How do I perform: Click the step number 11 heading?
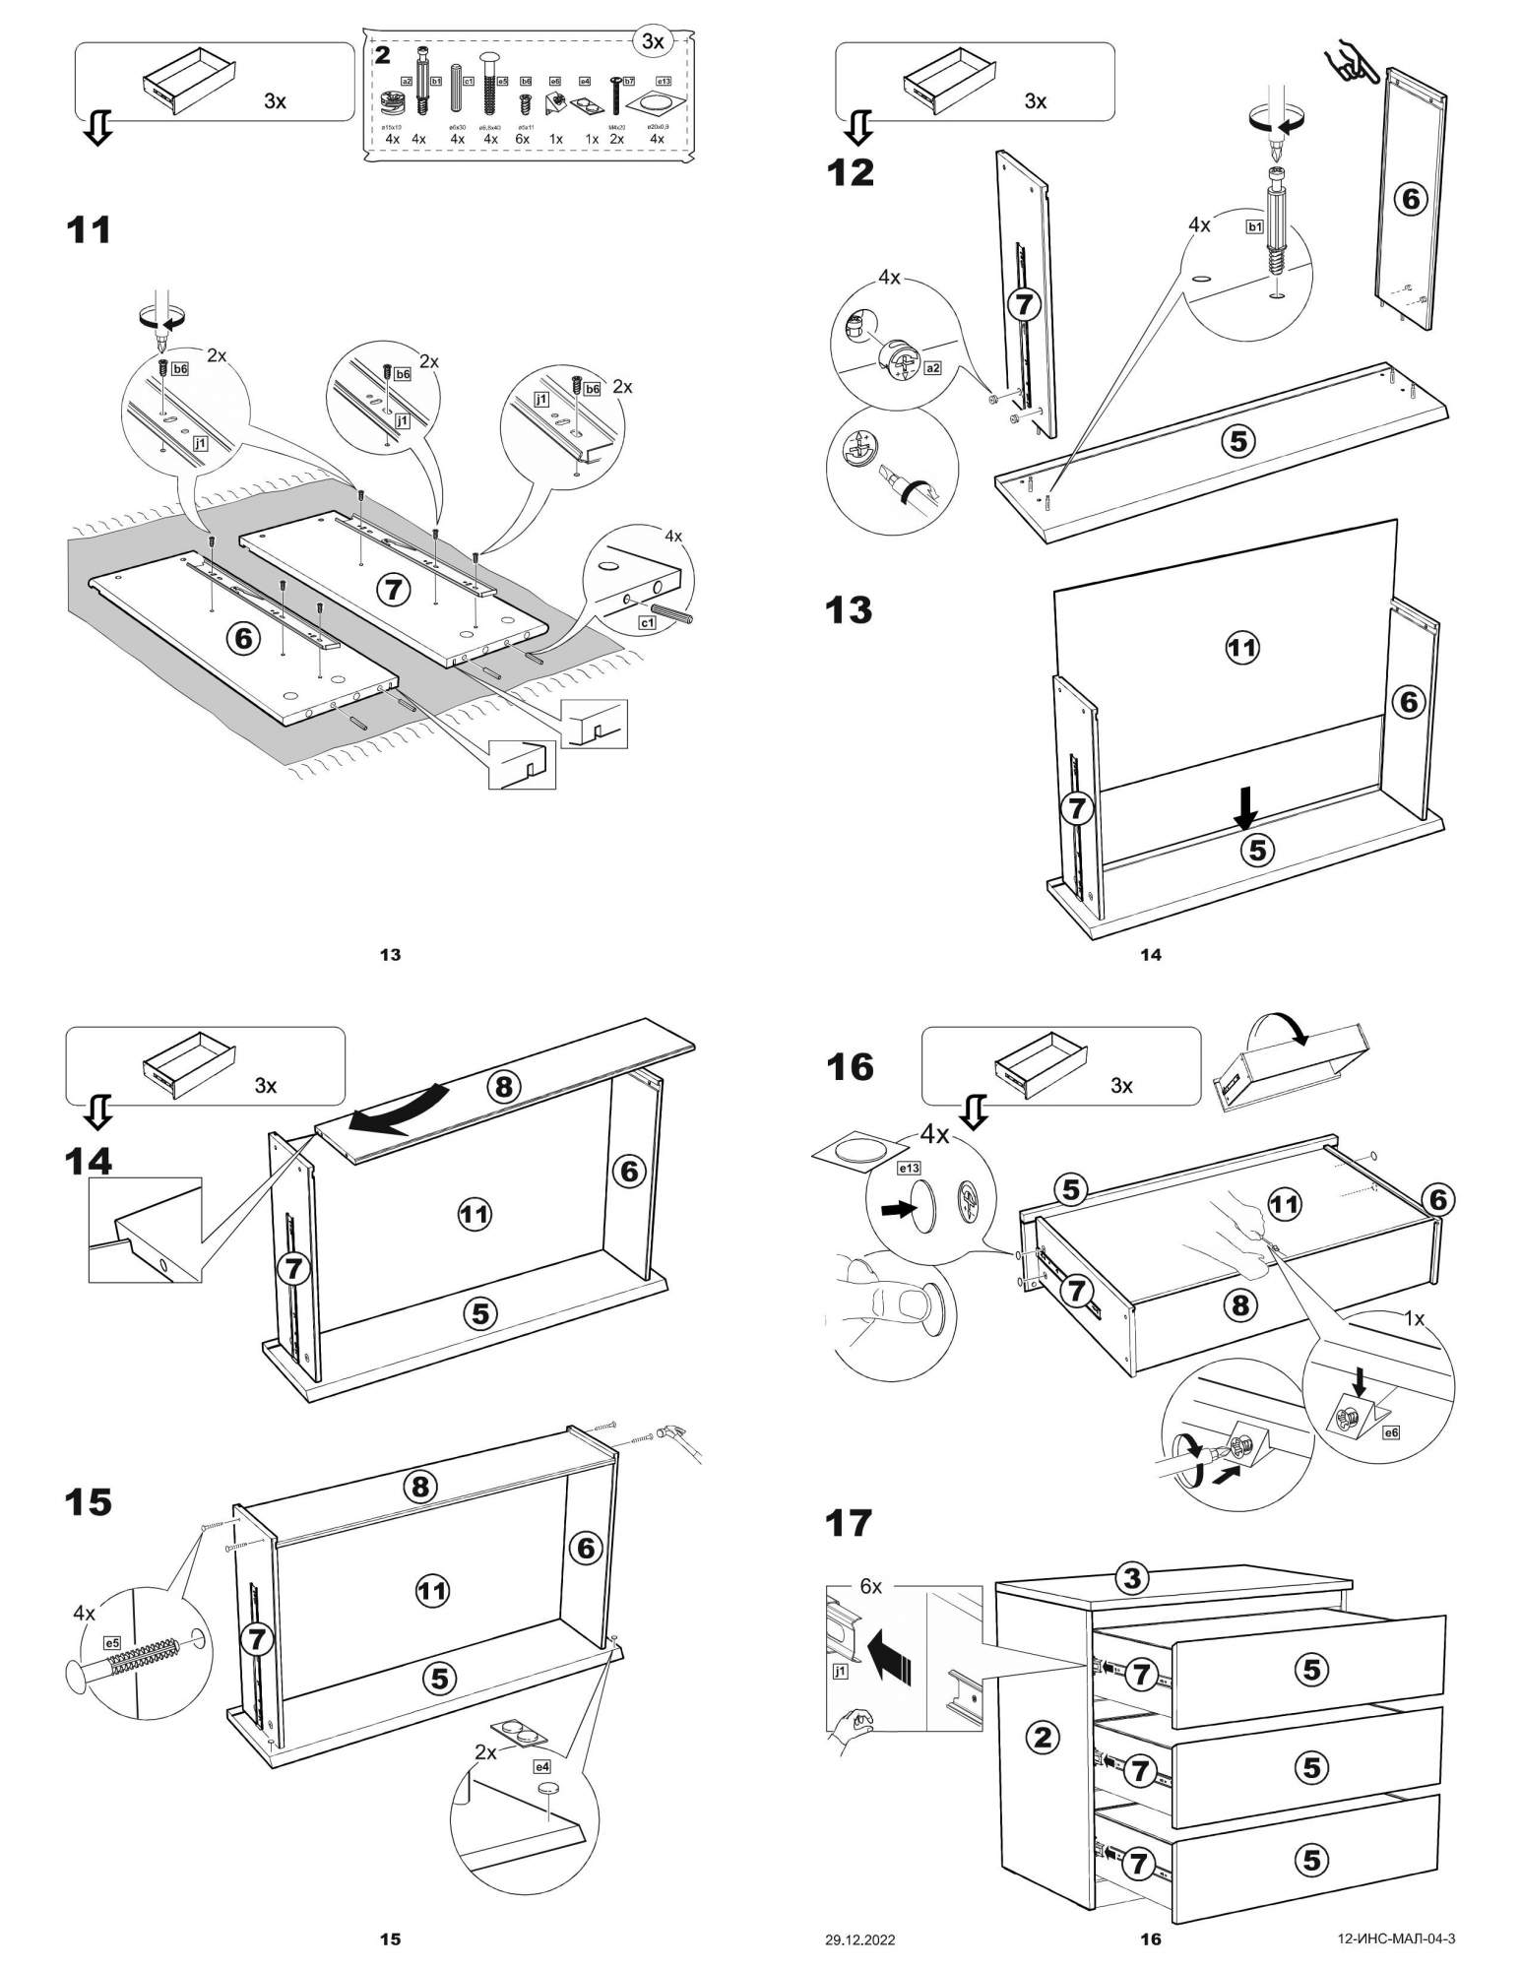[89, 230]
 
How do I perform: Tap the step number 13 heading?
[849, 610]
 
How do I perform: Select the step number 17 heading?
[849, 1523]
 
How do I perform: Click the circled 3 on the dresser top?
[1132, 1579]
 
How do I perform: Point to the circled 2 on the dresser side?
[1043, 1738]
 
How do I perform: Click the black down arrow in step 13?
[1246, 807]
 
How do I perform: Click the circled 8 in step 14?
[504, 1086]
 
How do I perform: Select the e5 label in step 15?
[112, 1642]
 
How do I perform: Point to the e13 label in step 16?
[908, 1169]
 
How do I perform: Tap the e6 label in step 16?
[1390, 1432]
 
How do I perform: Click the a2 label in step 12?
[932, 368]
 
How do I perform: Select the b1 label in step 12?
[1254, 227]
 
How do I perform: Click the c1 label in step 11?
[647, 623]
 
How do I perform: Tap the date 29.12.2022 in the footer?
[859, 1940]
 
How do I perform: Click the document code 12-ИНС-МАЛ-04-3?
[1396, 1939]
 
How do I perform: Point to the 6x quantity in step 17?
[870, 1586]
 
